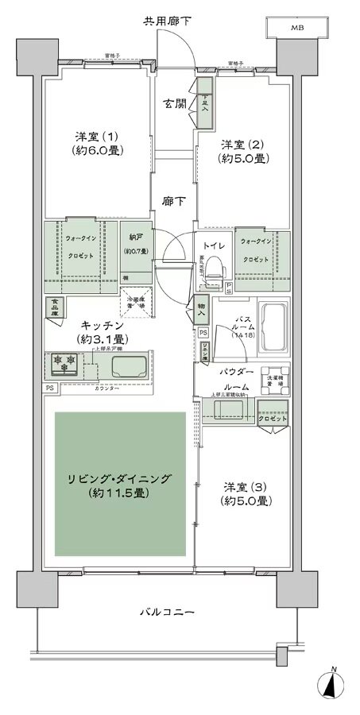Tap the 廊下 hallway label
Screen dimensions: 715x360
click(175, 201)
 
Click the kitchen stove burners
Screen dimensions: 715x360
click(64, 363)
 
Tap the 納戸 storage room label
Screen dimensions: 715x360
click(134, 245)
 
